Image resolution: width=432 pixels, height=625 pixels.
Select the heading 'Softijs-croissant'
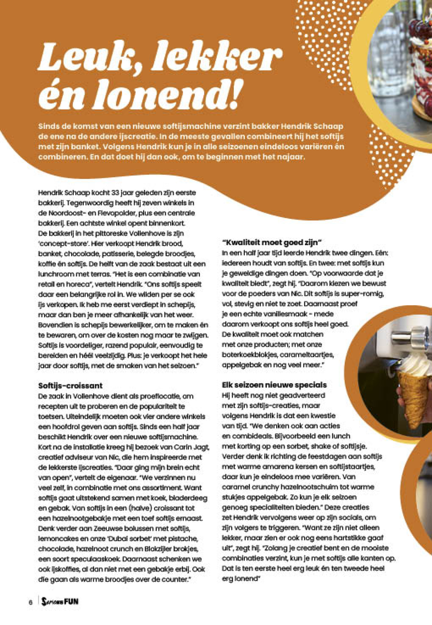[x=70, y=386]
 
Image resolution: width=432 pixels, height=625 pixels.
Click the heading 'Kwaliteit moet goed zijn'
[x=272, y=242]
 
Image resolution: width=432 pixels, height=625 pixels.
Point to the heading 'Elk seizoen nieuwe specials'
[x=274, y=385]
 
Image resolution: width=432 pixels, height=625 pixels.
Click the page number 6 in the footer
[x=31, y=603]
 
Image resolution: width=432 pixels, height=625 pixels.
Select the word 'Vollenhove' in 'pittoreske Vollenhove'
[x=149, y=233]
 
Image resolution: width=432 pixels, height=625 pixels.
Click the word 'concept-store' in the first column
[x=64, y=244]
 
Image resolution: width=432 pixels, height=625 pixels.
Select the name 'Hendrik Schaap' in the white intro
[x=312, y=126]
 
